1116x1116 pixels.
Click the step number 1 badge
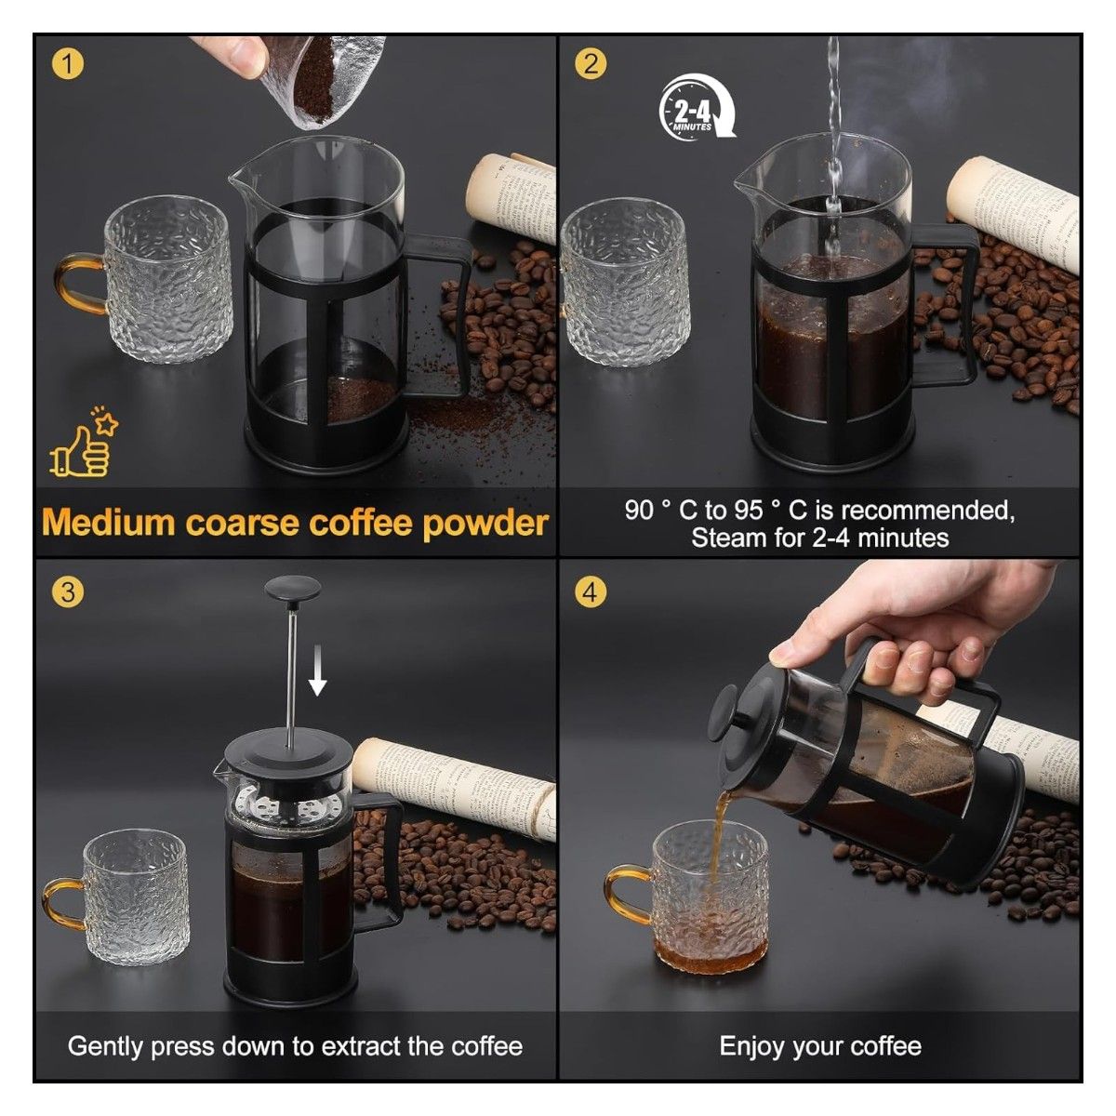tap(68, 64)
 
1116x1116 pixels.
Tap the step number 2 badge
tap(590, 64)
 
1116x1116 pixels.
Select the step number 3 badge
tap(68, 591)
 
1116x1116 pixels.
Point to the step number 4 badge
tap(590, 591)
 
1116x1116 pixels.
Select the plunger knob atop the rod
tap(293, 590)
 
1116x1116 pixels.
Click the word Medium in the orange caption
tap(110, 523)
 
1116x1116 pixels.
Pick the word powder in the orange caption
tap(485, 524)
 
